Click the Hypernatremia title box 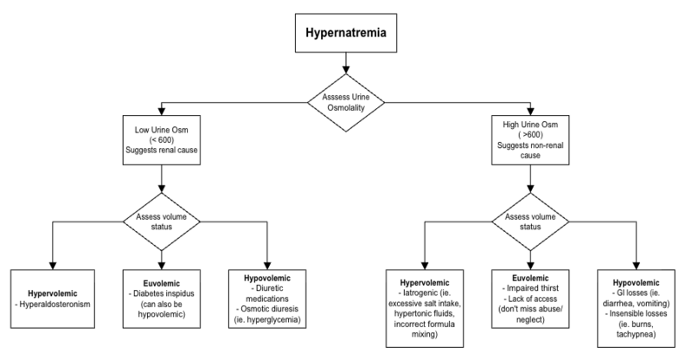345,35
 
